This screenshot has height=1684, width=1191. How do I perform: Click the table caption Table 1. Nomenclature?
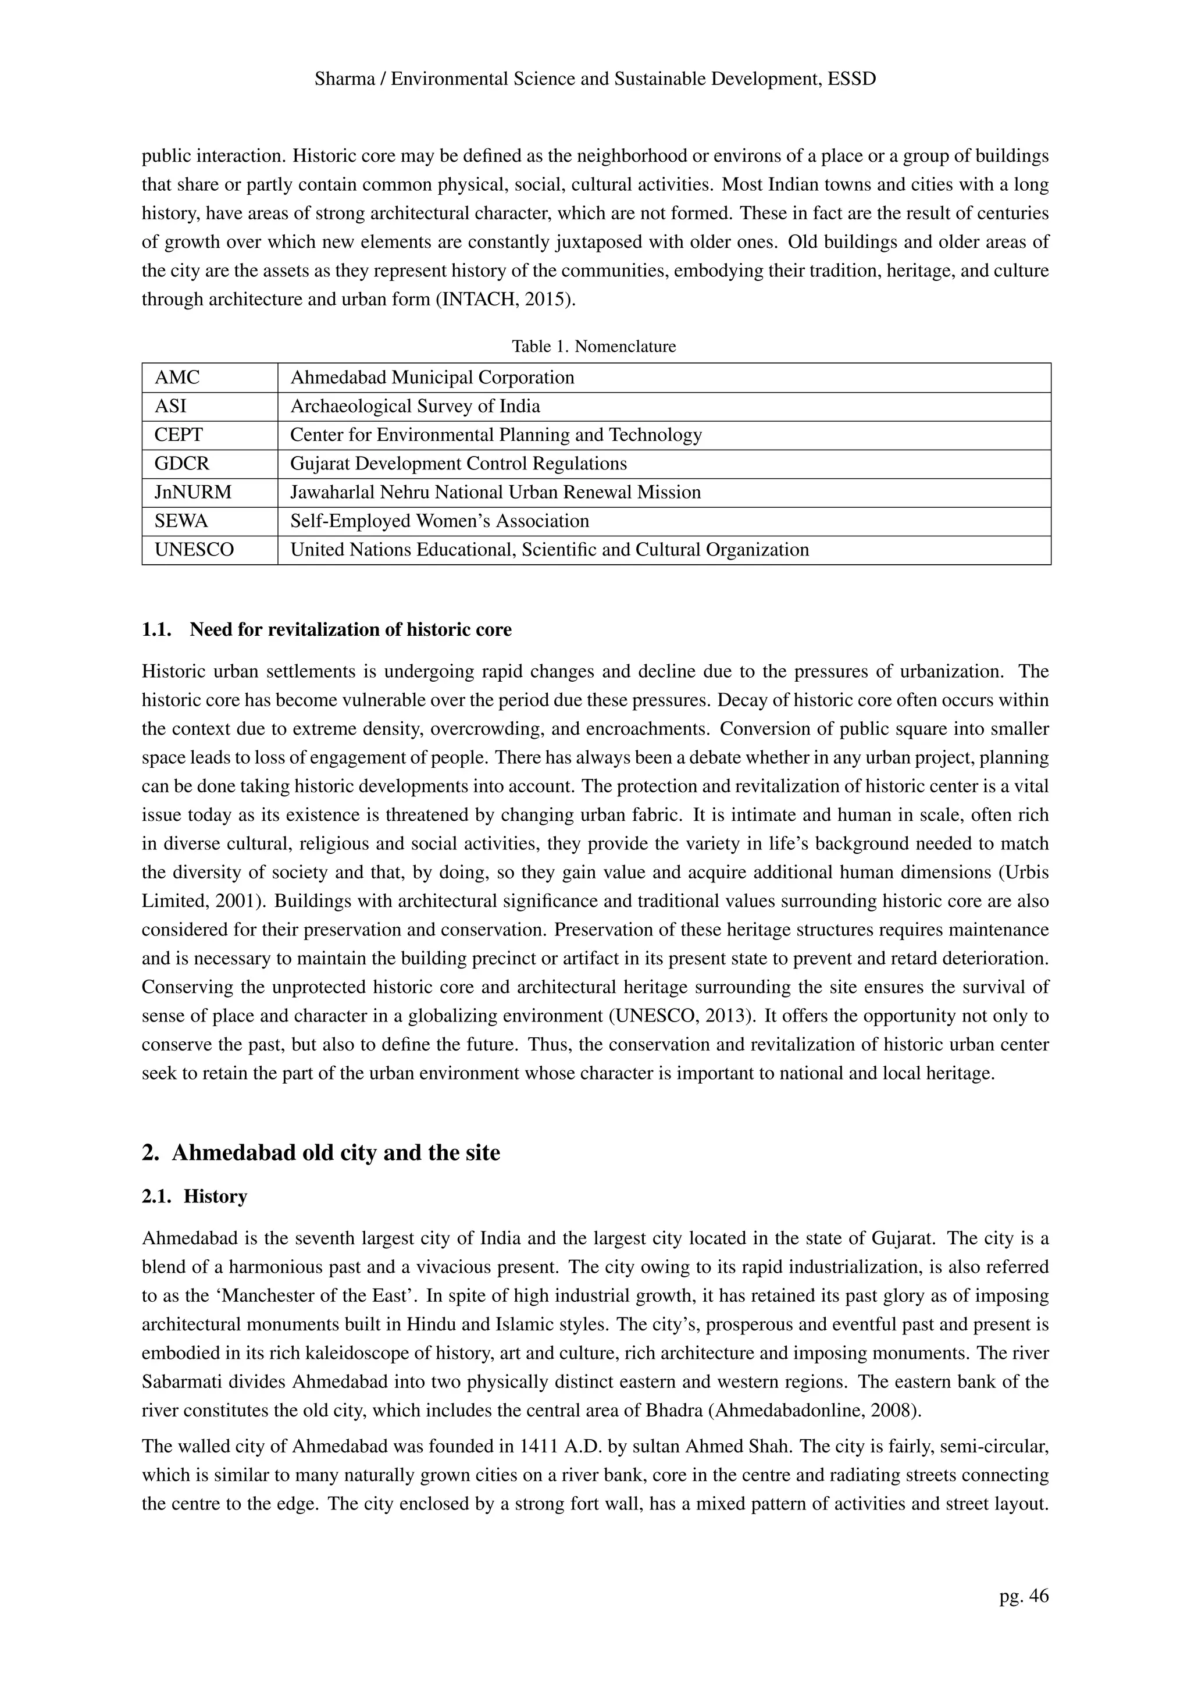594,346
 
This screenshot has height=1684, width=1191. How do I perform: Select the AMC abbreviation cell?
177,378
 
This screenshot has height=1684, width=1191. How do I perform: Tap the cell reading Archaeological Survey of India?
415,407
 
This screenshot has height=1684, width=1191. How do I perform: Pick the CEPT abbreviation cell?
179,435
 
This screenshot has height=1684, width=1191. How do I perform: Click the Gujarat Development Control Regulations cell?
458,464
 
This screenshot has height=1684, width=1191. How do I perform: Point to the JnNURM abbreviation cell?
193,492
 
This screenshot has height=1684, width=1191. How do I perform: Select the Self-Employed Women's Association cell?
439,521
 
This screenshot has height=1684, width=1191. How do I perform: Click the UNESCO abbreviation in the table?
194,549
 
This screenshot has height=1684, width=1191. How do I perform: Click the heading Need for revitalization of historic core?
351,629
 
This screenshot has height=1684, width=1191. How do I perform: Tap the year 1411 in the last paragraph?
540,1446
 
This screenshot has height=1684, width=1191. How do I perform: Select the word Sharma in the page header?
343,79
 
